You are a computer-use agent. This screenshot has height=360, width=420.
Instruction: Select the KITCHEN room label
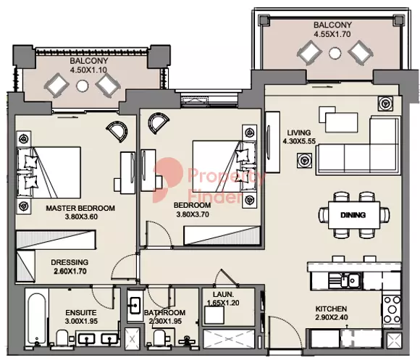coord(330,309)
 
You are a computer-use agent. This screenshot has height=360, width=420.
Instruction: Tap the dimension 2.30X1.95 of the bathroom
coord(166,322)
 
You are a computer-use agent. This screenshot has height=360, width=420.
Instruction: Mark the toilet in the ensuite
coord(64,336)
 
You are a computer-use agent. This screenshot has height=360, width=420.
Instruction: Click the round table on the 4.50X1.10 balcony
coord(82,85)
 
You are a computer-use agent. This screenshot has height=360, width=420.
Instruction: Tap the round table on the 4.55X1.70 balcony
coord(333,54)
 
